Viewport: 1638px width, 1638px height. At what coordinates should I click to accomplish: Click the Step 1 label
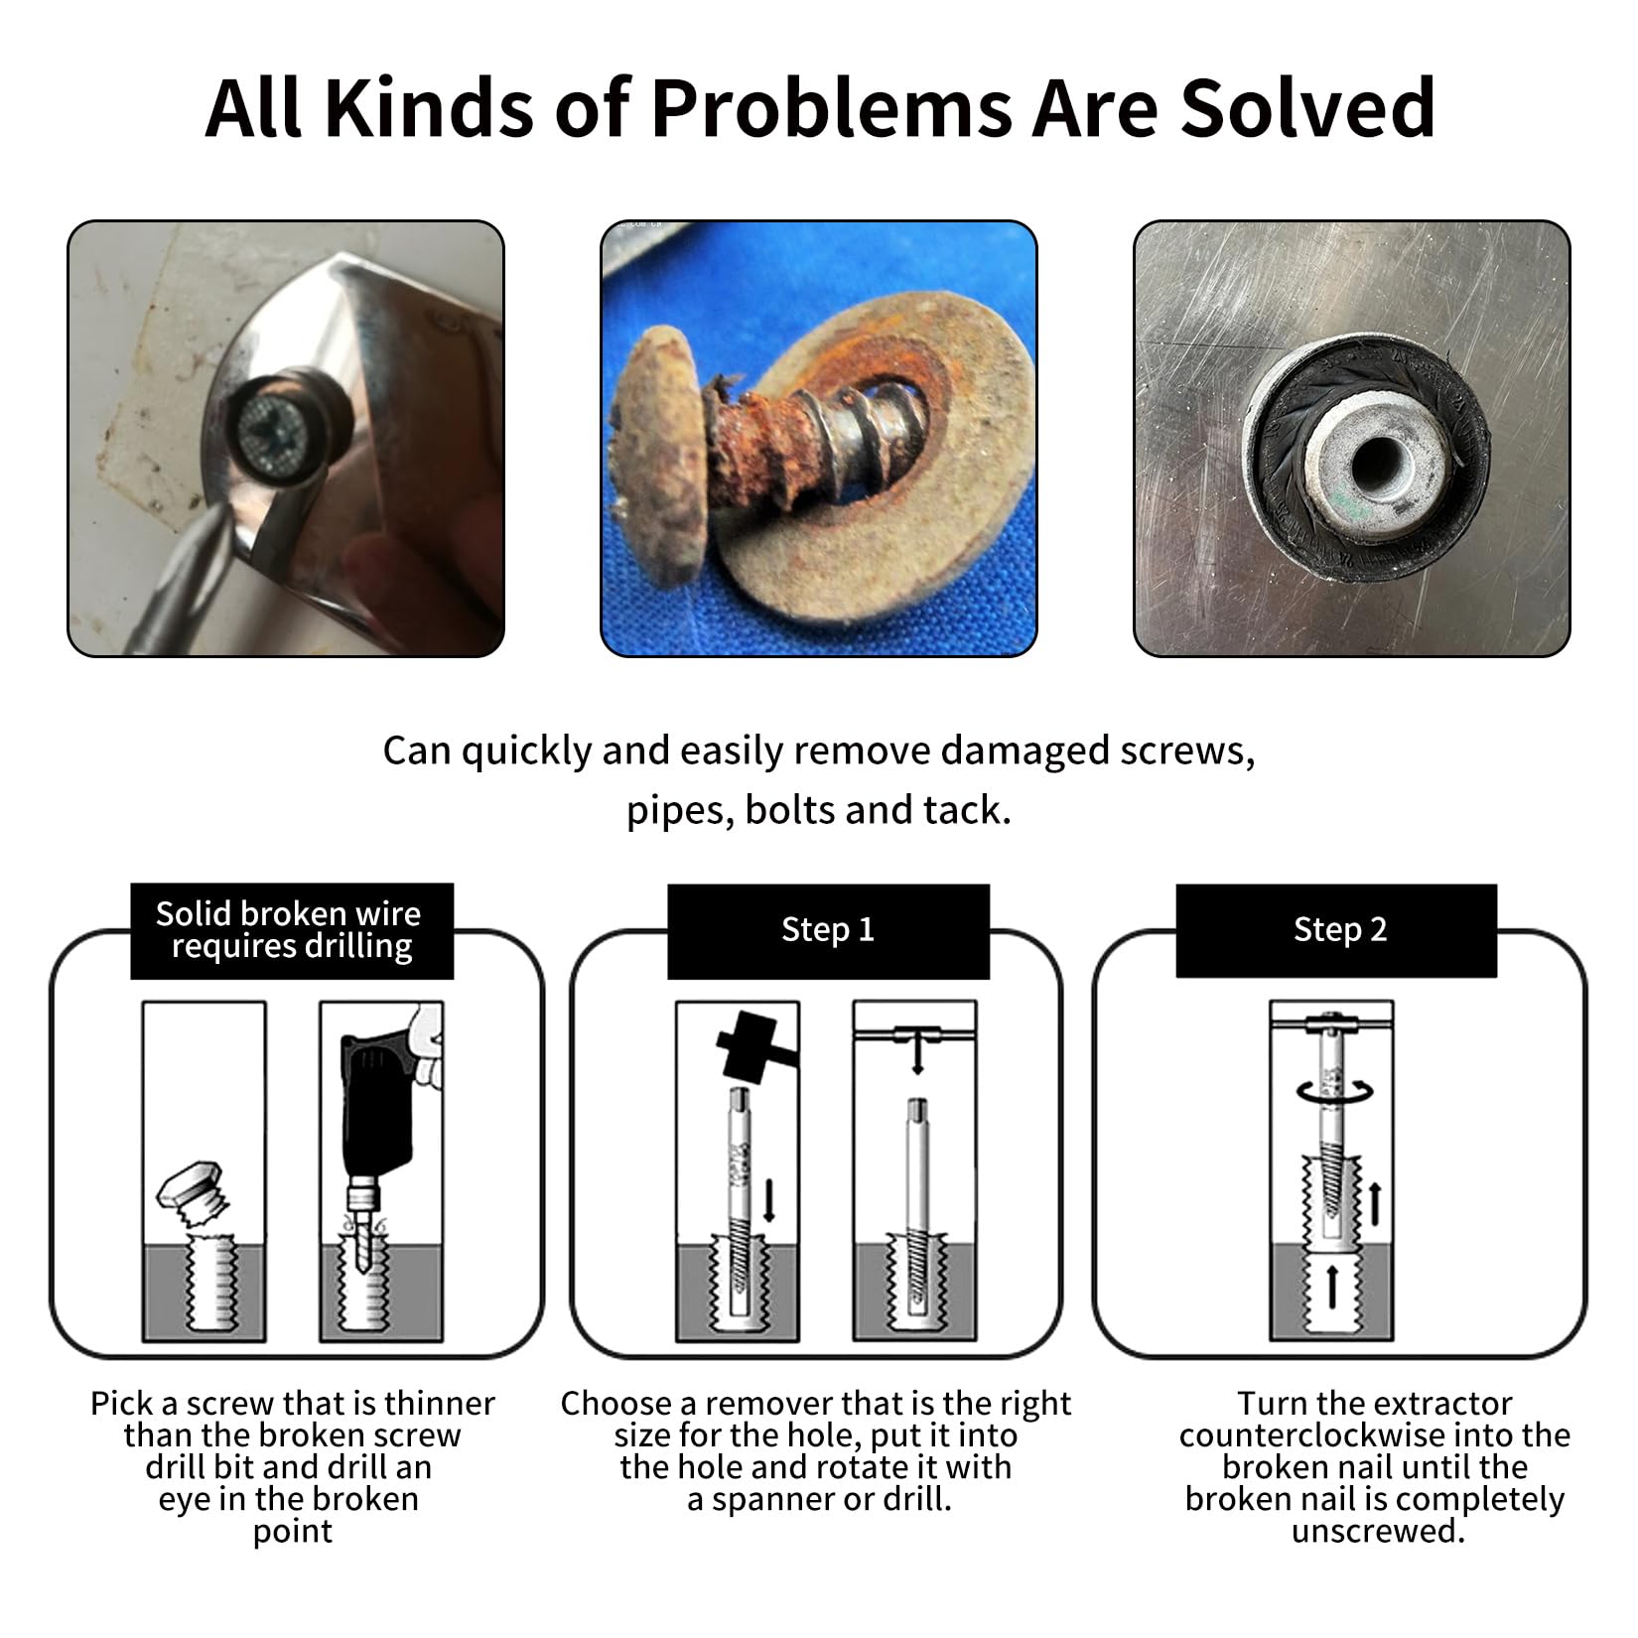coord(828,929)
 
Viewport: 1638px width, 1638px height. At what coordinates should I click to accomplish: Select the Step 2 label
coord(1339,929)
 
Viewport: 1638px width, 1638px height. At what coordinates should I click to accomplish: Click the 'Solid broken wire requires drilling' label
coord(289,929)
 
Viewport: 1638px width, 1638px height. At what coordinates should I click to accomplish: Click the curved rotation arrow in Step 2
coord(1334,1091)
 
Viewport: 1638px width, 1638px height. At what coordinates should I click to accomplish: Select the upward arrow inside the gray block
coord(1332,1287)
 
